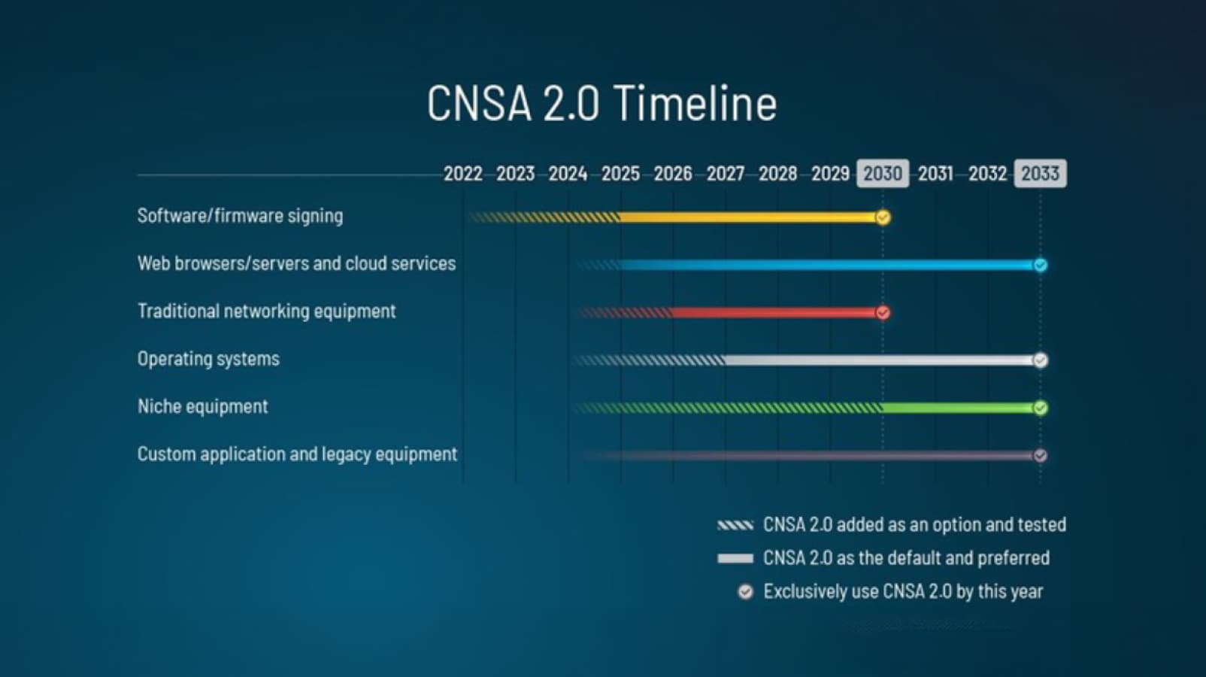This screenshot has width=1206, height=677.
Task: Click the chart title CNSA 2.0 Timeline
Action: tap(601, 103)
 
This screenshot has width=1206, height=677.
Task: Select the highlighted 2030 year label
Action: tap(883, 174)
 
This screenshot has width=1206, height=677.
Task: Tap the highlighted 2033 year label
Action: tap(1040, 174)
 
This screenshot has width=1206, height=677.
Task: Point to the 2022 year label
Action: tap(462, 174)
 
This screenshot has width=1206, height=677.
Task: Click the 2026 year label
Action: tap(672, 174)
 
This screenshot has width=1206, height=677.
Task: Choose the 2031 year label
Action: tap(935, 174)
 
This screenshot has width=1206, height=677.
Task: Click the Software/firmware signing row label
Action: tap(240, 216)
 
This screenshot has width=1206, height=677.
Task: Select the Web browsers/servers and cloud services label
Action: tap(296, 263)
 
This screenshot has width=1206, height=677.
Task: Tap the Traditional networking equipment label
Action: tap(266, 311)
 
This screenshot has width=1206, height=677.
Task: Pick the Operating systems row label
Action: tap(208, 359)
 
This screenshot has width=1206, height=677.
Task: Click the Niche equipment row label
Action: tap(202, 407)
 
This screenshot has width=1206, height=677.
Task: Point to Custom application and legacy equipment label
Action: tap(297, 454)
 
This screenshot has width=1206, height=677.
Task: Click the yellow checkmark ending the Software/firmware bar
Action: tap(883, 217)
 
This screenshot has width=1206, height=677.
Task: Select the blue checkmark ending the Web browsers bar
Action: tap(1041, 265)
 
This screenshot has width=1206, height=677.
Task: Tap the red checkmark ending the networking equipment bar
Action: tap(883, 312)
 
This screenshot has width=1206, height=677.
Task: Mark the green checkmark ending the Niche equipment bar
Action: tap(1041, 408)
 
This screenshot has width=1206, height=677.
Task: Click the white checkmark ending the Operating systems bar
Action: tap(1041, 360)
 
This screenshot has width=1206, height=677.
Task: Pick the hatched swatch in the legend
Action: tap(735, 525)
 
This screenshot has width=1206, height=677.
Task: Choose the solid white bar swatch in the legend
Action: tap(735, 558)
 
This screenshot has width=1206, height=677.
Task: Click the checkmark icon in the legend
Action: tap(745, 592)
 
